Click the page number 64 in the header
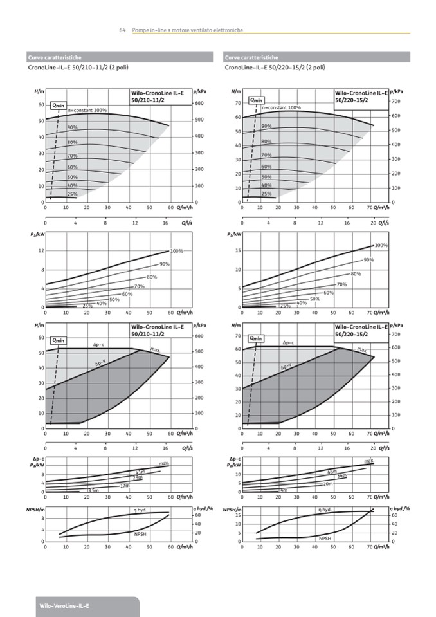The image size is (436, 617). (122, 30)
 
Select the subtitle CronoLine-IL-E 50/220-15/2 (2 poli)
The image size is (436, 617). (275, 67)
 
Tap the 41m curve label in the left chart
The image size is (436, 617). (140, 472)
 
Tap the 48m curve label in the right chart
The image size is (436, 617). (332, 472)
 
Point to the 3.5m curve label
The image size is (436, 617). (93, 491)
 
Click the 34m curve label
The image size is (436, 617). (342, 475)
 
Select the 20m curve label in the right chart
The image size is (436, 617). (327, 483)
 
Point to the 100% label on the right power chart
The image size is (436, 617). (381, 246)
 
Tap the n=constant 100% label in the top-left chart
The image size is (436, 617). (87, 110)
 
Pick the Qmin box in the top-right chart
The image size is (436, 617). (257, 100)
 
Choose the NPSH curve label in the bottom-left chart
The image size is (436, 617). (140, 534)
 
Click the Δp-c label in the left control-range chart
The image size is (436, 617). (99, 344)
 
